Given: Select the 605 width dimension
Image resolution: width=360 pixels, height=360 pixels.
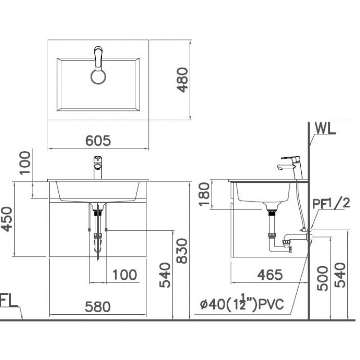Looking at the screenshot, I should tap(99, 141).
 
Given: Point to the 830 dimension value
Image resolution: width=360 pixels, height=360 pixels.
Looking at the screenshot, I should tap(182, 251).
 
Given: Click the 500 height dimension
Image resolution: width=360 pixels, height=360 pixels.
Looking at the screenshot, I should tap(322, 278).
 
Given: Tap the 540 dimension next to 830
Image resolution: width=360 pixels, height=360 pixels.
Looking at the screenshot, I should tap(165, 275).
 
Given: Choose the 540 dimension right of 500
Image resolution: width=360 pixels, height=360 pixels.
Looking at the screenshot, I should tap(340, 275).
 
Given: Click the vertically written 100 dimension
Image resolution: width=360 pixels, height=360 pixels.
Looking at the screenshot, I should tap(25, 163).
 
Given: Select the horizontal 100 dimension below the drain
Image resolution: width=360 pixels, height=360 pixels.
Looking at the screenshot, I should tap(125, 275).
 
